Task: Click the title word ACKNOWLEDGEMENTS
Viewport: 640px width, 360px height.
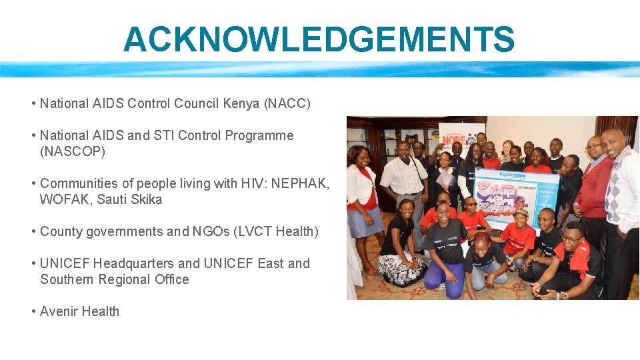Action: tap(319, 39)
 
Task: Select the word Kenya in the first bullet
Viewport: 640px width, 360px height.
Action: tap(242, 103)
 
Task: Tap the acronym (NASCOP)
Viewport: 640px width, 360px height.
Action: tap(73, 151)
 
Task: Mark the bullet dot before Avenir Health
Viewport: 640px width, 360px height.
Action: tap(33, 311)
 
